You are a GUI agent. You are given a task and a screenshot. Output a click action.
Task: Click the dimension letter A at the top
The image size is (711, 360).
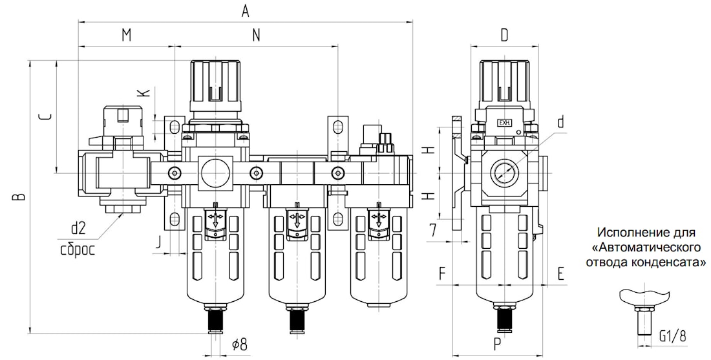coord(246,11)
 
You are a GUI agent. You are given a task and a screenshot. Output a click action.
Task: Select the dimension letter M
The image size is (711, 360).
coord(127,36)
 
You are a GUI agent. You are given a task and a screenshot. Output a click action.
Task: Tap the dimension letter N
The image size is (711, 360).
coord(257,36)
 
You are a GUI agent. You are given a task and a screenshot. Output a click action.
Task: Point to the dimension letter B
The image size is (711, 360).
coord(17,196)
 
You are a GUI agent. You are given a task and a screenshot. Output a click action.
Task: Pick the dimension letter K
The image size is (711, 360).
coord(143,92)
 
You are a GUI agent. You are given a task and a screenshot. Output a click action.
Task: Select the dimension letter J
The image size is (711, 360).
coord(157,242)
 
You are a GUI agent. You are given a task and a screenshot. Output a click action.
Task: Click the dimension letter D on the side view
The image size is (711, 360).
coord(505,36)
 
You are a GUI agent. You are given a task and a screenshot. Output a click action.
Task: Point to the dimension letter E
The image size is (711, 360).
coord(561,274)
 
